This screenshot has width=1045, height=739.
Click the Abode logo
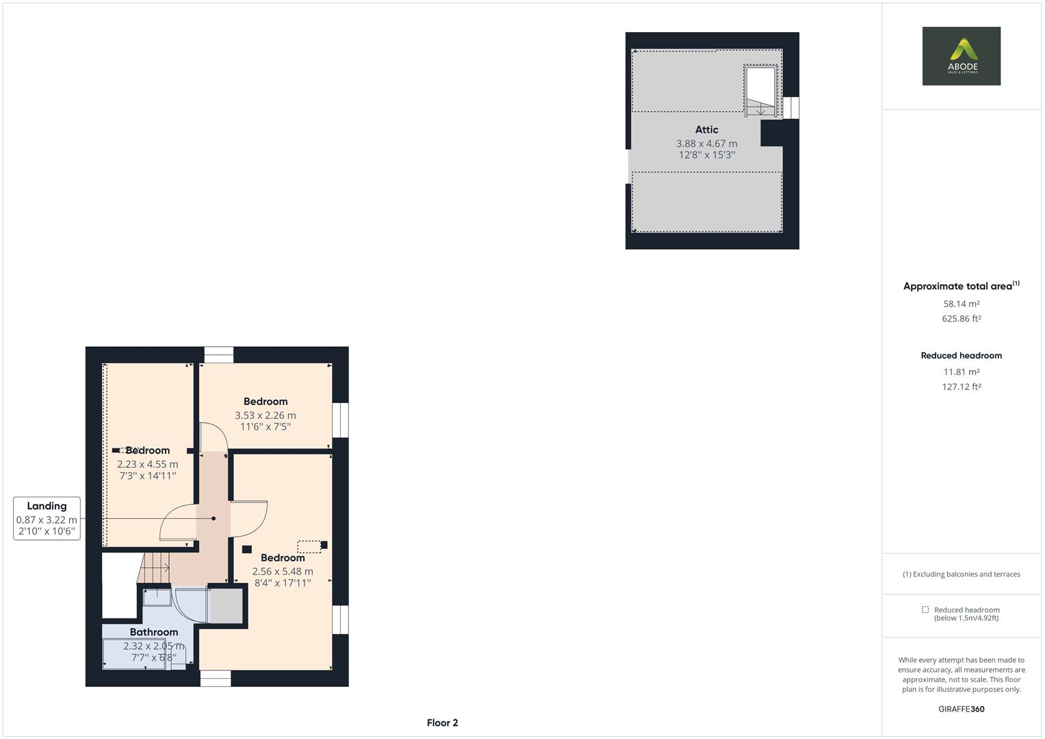pos(961,56)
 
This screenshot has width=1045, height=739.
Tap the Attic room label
pos(706,129)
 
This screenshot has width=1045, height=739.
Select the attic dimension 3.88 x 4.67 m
pos(706,144)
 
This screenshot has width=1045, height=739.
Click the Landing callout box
pos(47,519)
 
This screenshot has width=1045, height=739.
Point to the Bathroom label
pos(153,632)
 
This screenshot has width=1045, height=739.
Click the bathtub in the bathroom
pos(133,653)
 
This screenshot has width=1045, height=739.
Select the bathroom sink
pos(157,597)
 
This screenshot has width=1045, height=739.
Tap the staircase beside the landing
pos(155,569)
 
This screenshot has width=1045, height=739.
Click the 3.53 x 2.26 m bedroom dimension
pos(265,415)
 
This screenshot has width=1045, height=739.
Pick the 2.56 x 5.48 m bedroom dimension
pos(282,571)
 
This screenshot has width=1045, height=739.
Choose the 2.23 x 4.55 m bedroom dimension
pos(147,465)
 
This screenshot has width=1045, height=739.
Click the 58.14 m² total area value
pos(961,304)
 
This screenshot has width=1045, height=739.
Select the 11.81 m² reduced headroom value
pos(961,372)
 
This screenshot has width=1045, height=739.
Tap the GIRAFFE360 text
pos(961,709)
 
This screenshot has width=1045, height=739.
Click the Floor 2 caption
pos(442,723)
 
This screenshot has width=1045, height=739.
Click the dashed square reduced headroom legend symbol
pos(925,610)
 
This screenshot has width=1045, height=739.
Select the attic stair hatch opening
pos(760,90)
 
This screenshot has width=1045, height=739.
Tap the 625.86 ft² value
pos(961,319)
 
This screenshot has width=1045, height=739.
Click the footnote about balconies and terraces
pos(961,574)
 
